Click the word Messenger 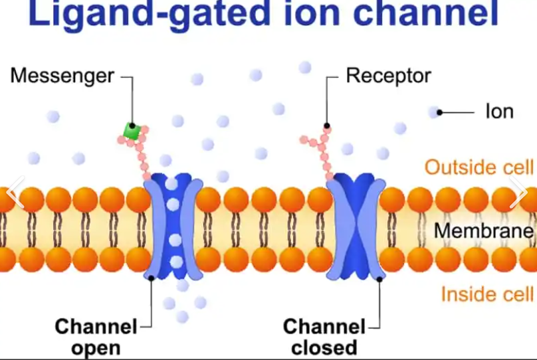coord(62,76)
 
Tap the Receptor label coord(389,76)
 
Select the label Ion coord(499,112)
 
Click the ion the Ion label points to coord(435,112)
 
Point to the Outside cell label coord(479,167)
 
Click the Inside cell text coord(487,294)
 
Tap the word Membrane coord(484,231)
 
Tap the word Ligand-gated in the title coord(148,16)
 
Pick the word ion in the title coord(316,16)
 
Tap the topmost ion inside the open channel coord(172,183)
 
